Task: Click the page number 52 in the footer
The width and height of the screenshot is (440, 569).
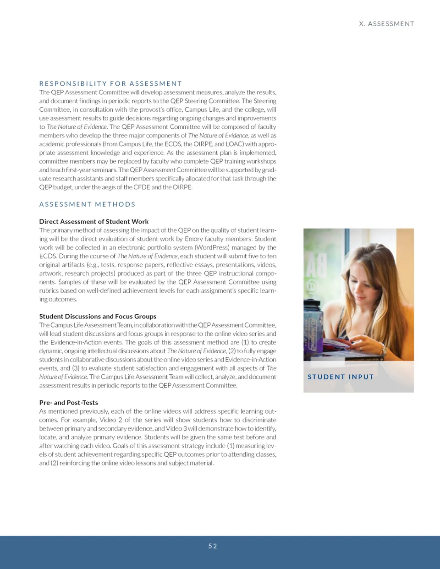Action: (x=213, y=546)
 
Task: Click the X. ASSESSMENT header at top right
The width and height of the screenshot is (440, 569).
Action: (x=386, y=24)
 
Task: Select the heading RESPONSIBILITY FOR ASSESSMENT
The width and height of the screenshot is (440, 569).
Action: (x=110, y=83)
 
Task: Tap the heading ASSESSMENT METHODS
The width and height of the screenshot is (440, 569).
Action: (x=88, y=204)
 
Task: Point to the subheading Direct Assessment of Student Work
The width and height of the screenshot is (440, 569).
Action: (x=94, y=222)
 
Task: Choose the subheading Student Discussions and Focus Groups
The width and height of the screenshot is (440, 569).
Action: (x=98, y=317)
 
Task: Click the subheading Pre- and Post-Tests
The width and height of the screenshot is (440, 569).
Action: (x=69, y=403)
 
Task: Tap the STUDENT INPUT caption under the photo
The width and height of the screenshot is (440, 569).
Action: (x=341, y=377)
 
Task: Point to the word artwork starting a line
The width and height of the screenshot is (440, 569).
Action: (x=50, y=274)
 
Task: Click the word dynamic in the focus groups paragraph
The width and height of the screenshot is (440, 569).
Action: (x=51, y=351)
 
